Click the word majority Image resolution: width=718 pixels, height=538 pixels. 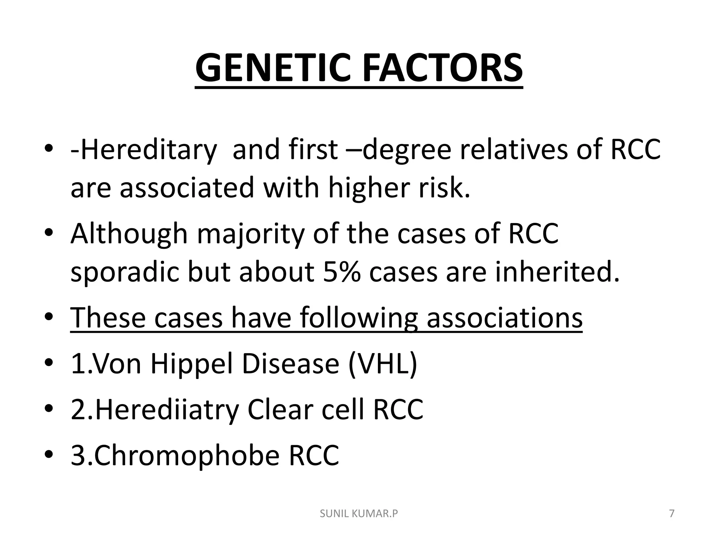(x=250, y=234)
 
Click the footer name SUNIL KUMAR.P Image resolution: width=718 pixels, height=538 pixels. (x=359, y=514)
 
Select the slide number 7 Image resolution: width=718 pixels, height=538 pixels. (x=672, y=514)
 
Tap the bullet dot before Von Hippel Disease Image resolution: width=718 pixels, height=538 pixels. (x=49, y=365)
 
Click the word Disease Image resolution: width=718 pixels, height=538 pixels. (x=291, y=364)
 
